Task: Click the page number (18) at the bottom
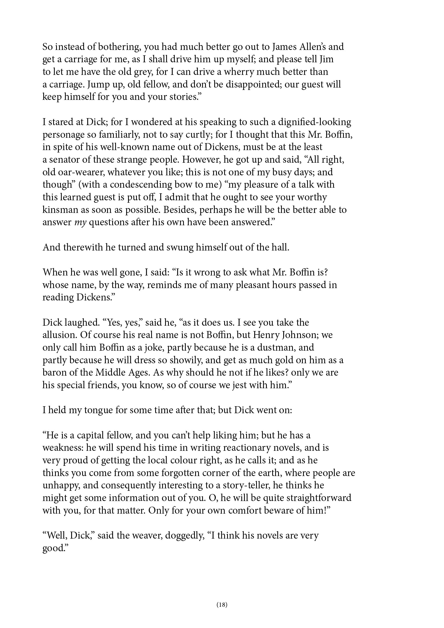click(x=222, y=604)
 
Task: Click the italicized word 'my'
click(x=80, y=222)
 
